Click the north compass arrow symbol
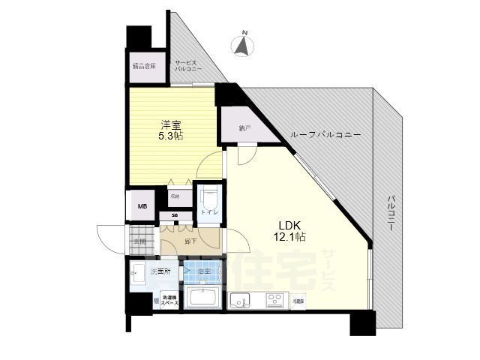point(243,47)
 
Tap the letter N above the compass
point(243,32)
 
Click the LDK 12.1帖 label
point(290,230)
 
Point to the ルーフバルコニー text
point(326,135)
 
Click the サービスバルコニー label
point(188,65)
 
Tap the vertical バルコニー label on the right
point(391,212)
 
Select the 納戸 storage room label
point(244,128)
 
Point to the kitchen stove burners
point(269,300)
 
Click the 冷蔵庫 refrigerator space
point(298,300)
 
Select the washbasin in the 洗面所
point(139,271)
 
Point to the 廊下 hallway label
point(190,241)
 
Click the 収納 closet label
point(175,196)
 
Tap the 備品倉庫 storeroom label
point(143,66)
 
